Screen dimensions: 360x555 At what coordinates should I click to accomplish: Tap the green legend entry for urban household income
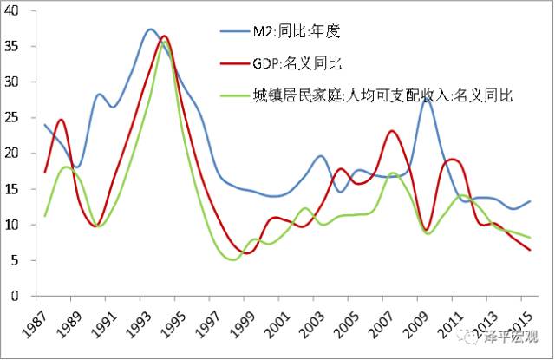(382, 95)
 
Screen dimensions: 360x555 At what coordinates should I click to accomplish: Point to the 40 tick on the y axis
(17, 11)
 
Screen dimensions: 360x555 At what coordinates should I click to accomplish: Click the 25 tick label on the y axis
(17, 118)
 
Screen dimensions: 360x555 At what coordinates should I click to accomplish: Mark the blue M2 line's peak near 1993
(150, 29)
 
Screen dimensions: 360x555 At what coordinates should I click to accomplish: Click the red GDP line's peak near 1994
(165, 36)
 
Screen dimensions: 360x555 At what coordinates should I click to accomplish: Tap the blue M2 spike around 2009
(426, 100)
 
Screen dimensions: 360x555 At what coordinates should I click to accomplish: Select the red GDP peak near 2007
(393, 131)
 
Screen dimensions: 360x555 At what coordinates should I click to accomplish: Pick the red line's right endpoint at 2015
(529, 250)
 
